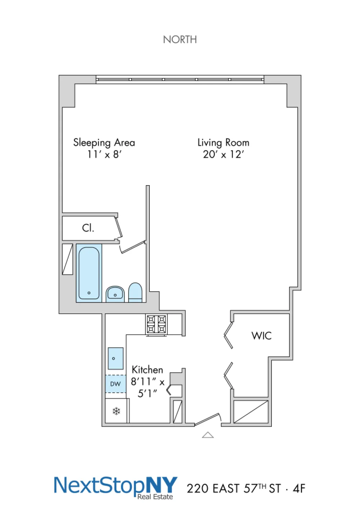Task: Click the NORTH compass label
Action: [x=180, y=40]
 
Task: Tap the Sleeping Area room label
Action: [x=104, y=143]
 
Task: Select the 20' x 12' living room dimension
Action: [x=223, y=155]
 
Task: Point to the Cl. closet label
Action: [x=88, y=228]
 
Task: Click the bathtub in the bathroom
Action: [x=89, y=273]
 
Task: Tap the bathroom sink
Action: [x=115, y=294]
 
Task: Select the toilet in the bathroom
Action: [x=135, y=293]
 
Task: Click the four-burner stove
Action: [x=156, y=324]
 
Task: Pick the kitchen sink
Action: [x=116, y=358]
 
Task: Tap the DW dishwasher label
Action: [x=115, y=384]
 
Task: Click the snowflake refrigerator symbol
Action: [x=117, y=411]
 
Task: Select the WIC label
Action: [x=261, y=336]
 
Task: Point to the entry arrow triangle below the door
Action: [x=208, y=435]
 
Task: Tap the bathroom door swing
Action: [x=133, y=247]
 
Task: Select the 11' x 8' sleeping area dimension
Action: [x=104, y=155]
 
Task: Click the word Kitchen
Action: [x=147, y=370]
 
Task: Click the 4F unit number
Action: [x=299, y=489]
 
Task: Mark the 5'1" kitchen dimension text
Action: [x=147, y=393]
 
